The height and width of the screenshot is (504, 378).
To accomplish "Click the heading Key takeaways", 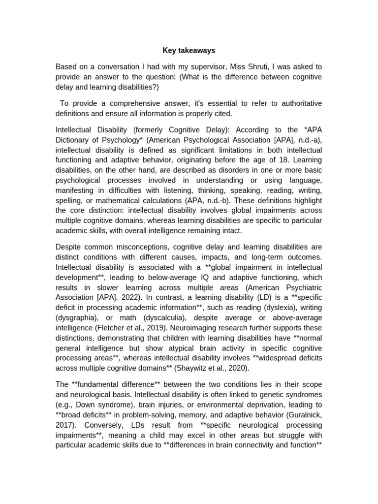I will [x=189, y=50].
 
